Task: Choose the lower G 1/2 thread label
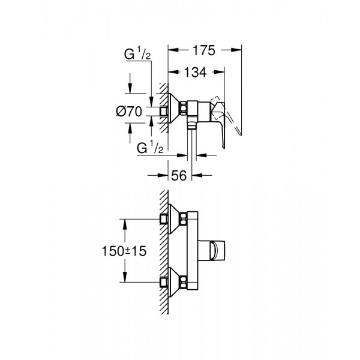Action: pos(151,148)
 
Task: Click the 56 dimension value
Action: pos(178,175)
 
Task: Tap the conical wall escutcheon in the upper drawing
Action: pos(176,110)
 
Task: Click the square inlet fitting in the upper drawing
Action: pos(165,111)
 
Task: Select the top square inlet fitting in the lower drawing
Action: pos(165,219)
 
